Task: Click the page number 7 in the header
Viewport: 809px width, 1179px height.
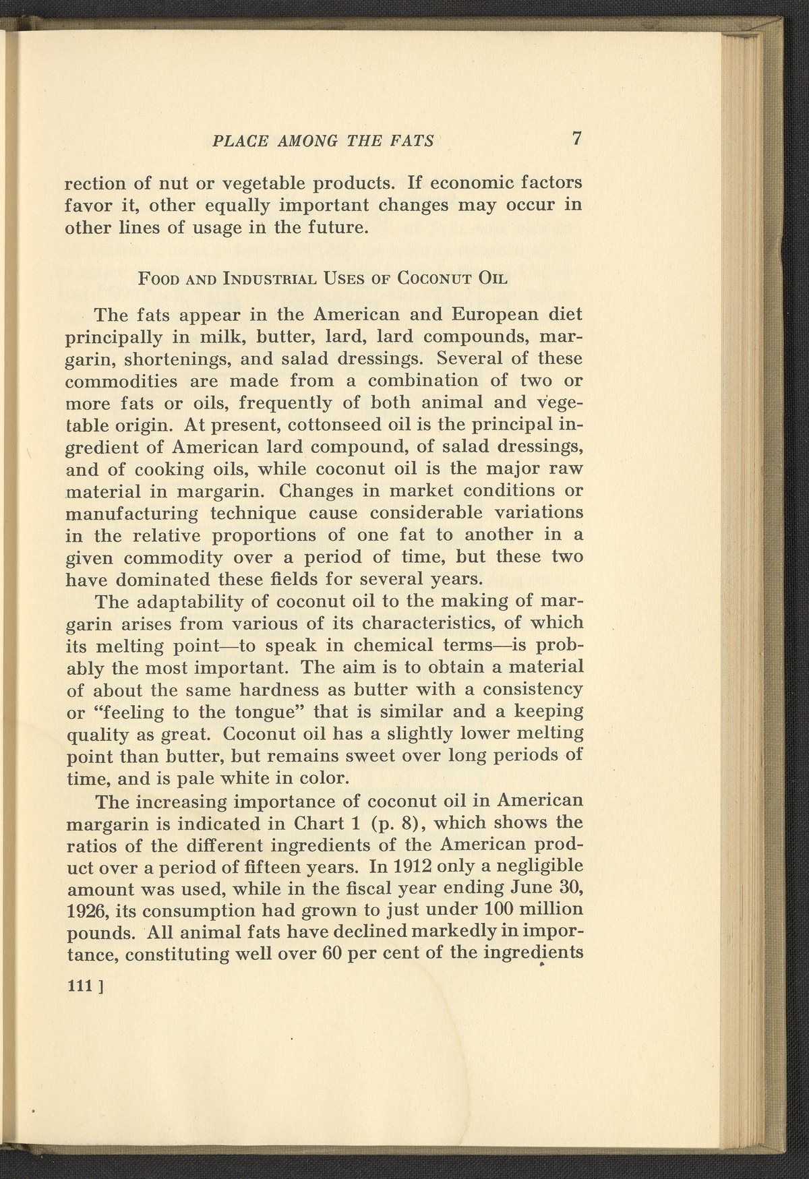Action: click(576, 139)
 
